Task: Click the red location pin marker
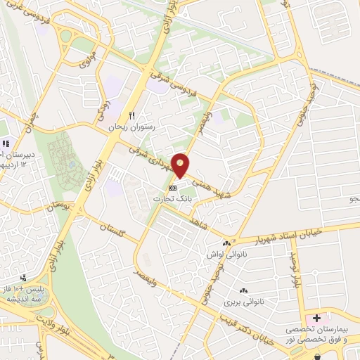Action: pos(181,165)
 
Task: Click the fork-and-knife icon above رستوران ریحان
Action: pos(131,116)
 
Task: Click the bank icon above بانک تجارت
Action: pos(172,188)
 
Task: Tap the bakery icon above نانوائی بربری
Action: pos(244,290)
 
